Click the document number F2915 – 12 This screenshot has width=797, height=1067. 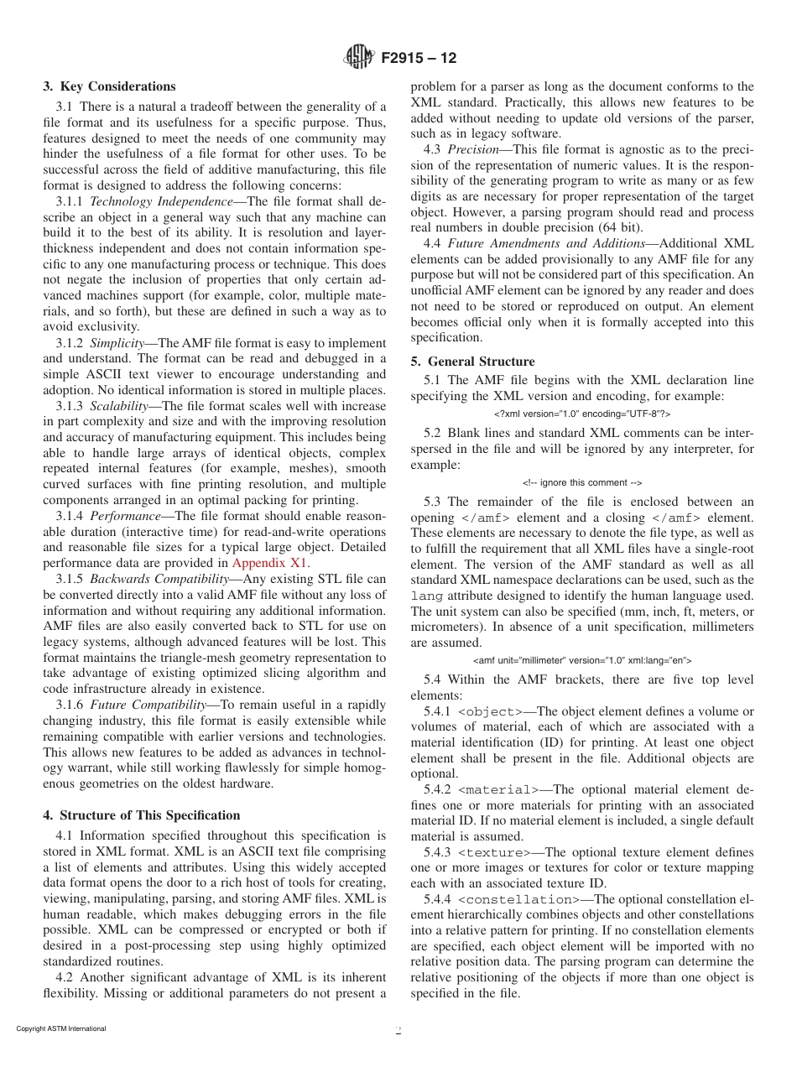419,59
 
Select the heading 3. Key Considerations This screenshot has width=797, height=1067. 110,86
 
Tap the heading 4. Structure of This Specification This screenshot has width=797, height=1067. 142,815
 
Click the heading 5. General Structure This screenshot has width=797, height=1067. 473,362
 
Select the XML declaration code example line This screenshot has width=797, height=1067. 582,414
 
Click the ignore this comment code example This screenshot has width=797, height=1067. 582,482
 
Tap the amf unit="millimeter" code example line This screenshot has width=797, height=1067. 582,660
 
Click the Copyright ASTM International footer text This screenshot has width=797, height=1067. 61,1029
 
